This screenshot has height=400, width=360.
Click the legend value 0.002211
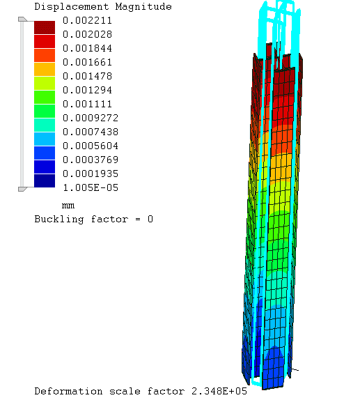87,20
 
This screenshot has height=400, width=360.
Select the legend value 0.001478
87,76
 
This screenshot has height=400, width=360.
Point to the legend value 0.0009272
91,118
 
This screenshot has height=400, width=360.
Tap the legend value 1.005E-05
91,187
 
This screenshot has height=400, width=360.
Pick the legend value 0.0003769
91,160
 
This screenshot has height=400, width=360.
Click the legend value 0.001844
87,48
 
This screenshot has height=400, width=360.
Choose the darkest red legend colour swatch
45,27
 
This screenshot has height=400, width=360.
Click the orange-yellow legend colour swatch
45,69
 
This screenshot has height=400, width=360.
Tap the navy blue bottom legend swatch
45,180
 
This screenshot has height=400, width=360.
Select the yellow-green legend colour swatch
45,83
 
